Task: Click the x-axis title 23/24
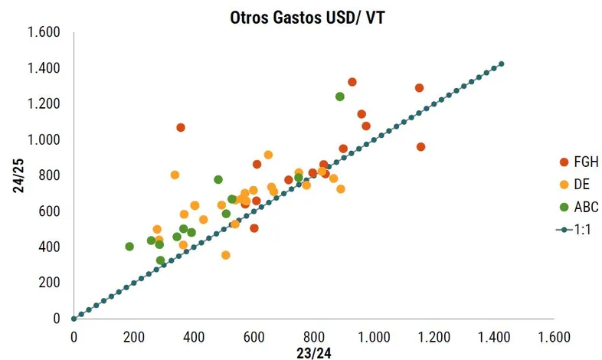point(313,351)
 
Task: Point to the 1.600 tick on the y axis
point(44,32)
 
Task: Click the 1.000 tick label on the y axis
point(44,139)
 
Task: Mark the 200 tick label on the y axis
point(50,283)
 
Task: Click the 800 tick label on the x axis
point(313,335)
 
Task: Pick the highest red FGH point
point(352,82)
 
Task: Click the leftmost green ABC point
point(129,247)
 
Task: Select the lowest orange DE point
point(226,255)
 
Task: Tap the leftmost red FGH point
point(181,127)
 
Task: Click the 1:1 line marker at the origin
point(74,318)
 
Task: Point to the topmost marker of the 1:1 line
point(502,64)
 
